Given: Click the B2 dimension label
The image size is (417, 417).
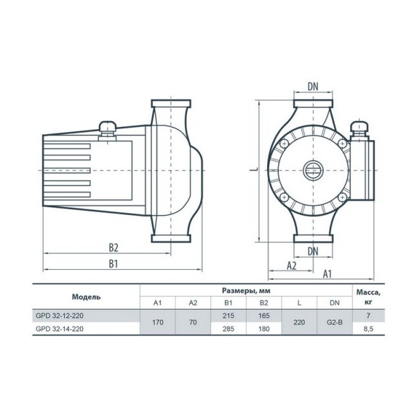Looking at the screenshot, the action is click(113, 248).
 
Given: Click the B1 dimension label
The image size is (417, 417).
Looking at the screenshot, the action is click(113, 264).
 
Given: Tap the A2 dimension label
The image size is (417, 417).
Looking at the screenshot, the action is click(291, 266).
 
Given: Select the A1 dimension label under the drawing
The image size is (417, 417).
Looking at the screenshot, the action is click(327, 274).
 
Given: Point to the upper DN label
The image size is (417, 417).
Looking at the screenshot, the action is click(313, 87).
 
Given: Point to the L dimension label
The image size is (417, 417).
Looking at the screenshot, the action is click(254, 169).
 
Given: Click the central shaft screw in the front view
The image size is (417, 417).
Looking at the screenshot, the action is click(313, 170).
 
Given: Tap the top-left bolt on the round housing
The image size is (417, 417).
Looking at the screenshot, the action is click(284, 144).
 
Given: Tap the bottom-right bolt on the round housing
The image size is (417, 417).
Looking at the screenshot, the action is click(343, 197).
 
